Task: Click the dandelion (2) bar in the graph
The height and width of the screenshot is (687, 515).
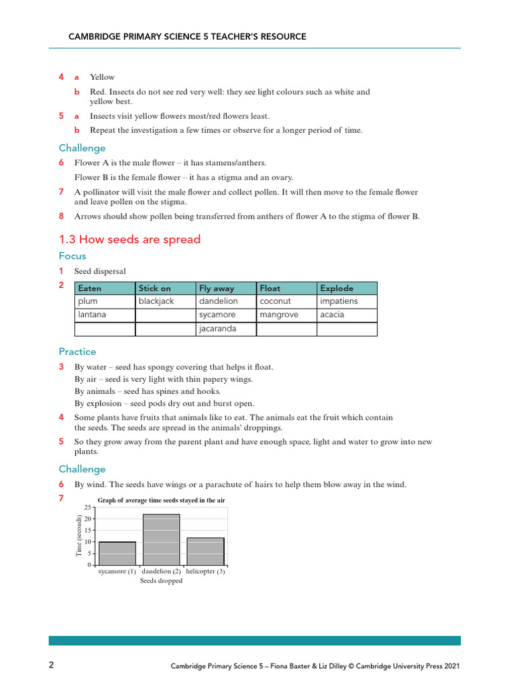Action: (161, 539)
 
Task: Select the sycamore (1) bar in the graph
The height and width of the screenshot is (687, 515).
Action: (117, 553)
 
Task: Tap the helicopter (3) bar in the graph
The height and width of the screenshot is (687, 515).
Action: (205, 551)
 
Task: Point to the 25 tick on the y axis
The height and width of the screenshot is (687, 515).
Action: (87, 507)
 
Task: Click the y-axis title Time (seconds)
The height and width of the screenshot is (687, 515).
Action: (78, 536)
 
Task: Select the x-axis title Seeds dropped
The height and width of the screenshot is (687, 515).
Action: (161, 581)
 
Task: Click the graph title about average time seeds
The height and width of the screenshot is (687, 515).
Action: (161, 500)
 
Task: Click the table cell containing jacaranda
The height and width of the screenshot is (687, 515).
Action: (225, 329)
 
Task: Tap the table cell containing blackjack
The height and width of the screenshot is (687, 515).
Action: (165, 302)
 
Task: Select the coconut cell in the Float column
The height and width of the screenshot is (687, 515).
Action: (286, 302)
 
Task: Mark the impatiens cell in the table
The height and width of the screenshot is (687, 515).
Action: (347, 302)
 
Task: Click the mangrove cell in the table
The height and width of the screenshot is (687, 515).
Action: (286, 315)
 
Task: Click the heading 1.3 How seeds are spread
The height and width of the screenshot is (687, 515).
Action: (129, 240)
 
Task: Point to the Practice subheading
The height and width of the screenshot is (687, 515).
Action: (77, 352)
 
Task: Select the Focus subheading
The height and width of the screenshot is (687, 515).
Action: (72, 256)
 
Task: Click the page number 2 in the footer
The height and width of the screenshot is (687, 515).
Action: (51, 665)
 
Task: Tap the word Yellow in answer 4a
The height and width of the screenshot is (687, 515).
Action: (103, 77)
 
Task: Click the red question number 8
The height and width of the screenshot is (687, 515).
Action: (61, 216)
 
